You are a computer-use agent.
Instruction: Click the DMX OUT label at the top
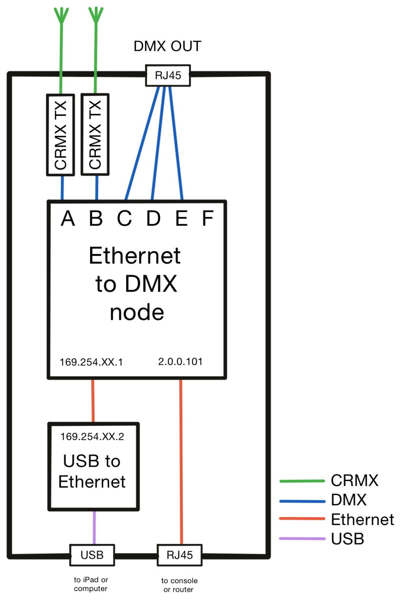(x=167, y=46)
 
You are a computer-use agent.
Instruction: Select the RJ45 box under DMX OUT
(x=168, y=76)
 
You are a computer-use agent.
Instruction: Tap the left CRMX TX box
(x=60, y=134)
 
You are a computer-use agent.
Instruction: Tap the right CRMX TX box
(x=95, y=134)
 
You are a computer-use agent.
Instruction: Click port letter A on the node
(x=68, y=218)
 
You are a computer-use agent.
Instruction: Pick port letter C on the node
(x=124, y=218)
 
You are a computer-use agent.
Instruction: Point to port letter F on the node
(x=208, y=218)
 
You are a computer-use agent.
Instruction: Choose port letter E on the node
(x=181, y=218)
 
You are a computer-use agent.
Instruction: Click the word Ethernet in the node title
(x=134, y=256)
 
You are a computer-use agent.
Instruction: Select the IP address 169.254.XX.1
(x=91, y=362)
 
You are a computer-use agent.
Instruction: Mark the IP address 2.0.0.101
(x=180, y=362)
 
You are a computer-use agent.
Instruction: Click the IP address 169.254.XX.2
(x=92, y=436)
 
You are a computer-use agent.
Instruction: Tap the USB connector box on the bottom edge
(x=92, y=555)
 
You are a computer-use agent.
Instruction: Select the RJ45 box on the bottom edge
(x=180, y=555)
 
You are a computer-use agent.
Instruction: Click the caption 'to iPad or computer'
(x=91, y=584)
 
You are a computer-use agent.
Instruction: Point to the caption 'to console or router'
(x=179, y=585)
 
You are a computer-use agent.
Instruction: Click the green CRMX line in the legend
(x=302, y=481)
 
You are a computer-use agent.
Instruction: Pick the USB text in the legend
(x=347, y=539)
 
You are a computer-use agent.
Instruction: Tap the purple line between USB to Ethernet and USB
(x=94, y=527)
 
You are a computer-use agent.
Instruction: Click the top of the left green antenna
(x=61, y=11)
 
